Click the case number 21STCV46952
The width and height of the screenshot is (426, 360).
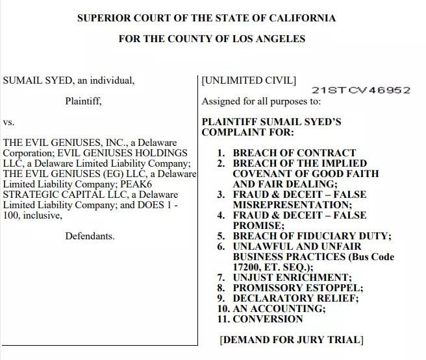click(360, 90)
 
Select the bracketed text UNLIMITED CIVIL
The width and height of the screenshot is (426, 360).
click(249, 81)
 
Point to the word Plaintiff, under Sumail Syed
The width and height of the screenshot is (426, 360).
click(83, 101)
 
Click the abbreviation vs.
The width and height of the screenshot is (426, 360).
click(9, 122)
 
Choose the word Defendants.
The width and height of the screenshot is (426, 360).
click(90, 236)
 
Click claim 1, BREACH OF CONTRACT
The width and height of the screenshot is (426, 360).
click(294, 153)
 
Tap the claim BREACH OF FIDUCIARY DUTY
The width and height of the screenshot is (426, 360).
click(312, 236)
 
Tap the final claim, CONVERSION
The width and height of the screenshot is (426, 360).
click(268, 319)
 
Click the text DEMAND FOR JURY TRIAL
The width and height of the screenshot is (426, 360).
click(291, 340)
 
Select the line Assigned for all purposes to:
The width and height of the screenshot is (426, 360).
click(260, 101)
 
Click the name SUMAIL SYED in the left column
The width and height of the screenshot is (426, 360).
click(31, 81)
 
